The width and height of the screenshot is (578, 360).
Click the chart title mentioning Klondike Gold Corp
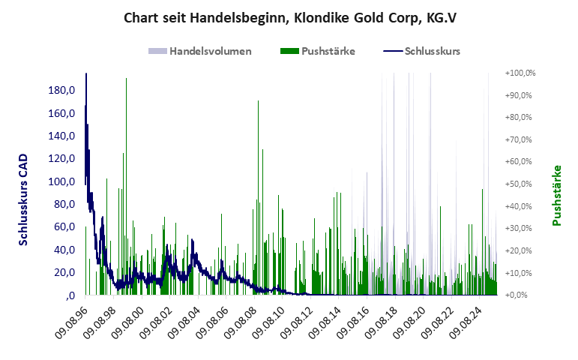289,17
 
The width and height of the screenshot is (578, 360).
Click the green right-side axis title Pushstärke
556,195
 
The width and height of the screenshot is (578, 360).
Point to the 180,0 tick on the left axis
61,91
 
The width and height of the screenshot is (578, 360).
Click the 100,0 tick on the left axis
61,181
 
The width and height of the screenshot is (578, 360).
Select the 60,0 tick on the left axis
63,226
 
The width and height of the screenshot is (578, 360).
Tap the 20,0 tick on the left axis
63,272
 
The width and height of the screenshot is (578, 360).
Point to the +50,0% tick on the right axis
520,184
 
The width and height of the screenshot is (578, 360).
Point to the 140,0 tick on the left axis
61,136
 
